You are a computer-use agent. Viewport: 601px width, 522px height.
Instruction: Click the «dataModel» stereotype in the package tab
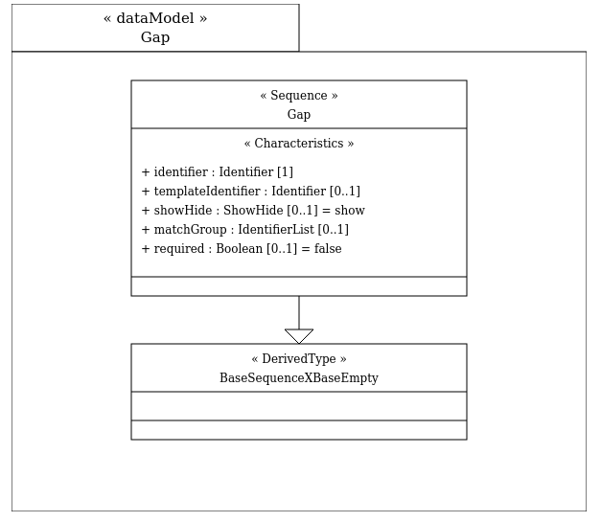(155, 18)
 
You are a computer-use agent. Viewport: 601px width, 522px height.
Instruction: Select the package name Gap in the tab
(155, 37)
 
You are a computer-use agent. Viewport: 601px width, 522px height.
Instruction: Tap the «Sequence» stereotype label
(299, 95)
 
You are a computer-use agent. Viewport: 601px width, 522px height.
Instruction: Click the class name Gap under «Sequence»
(299, 115)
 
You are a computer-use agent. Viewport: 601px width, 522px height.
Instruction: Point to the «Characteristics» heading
(299, 144)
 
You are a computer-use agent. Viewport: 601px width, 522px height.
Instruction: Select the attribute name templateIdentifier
(207, 191)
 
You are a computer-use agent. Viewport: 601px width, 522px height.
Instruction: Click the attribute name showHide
(183, 210)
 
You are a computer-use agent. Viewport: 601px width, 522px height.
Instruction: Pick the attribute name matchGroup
(190, 230)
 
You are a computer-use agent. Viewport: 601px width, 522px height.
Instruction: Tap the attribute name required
(179, 249)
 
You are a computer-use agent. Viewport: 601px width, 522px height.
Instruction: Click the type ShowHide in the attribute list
(253, 210)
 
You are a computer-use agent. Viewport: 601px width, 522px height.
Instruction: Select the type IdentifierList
(276, 230)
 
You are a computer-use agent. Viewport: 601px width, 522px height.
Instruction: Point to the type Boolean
(240, 249)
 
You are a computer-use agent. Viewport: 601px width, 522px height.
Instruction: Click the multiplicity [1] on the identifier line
(286, 172)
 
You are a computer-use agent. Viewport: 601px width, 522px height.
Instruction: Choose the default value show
(350, 210)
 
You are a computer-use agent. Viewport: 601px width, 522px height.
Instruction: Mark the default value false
(328, 249)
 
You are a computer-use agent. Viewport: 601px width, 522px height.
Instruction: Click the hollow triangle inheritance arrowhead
(299, 336)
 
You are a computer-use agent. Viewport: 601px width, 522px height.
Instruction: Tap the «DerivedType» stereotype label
(299, 359)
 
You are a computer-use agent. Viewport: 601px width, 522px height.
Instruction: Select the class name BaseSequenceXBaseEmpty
(299, 378)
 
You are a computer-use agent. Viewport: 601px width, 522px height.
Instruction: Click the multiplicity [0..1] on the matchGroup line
(334, 230)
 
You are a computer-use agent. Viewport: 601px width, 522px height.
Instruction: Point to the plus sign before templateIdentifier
(146, 192)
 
